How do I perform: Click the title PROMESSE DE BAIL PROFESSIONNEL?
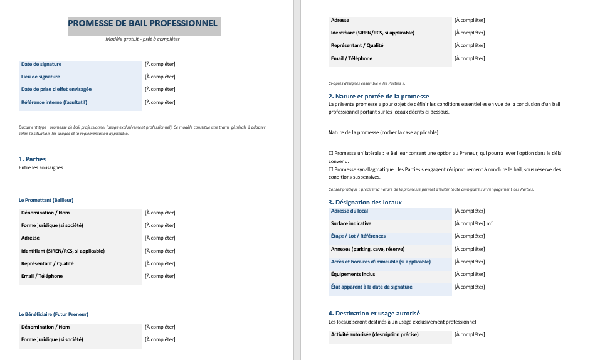click(x=142, y=24)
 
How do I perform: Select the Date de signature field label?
click(x=41, y=64)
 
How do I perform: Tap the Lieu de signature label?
click(x=41, y=77)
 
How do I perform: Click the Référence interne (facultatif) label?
click(x=54, y=102)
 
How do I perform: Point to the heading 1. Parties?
click(x=32, y=159)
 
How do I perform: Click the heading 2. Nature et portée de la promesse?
click(x=379, y=97)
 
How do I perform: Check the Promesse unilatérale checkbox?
click(x=331, y=153)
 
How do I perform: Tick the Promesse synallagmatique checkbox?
click(x=331, y=169)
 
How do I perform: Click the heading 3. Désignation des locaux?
click(x=365, y=203)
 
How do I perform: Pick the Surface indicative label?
click(x=351, y=223)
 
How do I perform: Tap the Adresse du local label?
click(x=349, y=211)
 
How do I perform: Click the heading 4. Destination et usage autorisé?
click(x=374, y=313)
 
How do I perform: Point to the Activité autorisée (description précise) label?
click(x=374, y=334)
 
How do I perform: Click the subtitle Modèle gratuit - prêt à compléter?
click(x=142, y=39)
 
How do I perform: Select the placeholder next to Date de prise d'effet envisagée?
click(x=160, y=90)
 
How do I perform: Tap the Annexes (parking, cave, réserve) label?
click(x=367, y=249)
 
